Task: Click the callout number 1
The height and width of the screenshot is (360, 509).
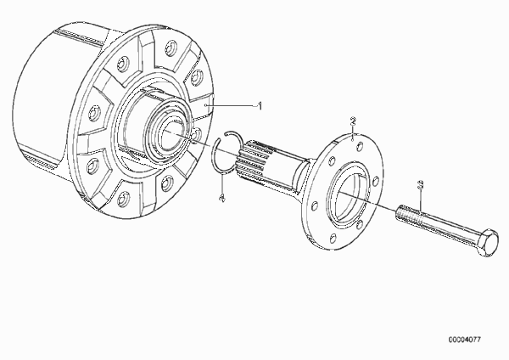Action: pyautogui.click(x=260, y=106)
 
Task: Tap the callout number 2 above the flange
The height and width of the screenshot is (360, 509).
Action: pyautogui.click(x=353, y=121)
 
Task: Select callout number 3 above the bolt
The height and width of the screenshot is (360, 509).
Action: pyautogui.click(x=420, y=184)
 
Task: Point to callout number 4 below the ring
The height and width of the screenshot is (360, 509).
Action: pyautogui.click(x=222, y=198)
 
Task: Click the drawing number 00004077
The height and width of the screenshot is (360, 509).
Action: pyautogui.click(x=465, y=340)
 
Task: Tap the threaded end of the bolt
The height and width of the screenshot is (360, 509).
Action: pyautogui.click(x=408, y=214)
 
